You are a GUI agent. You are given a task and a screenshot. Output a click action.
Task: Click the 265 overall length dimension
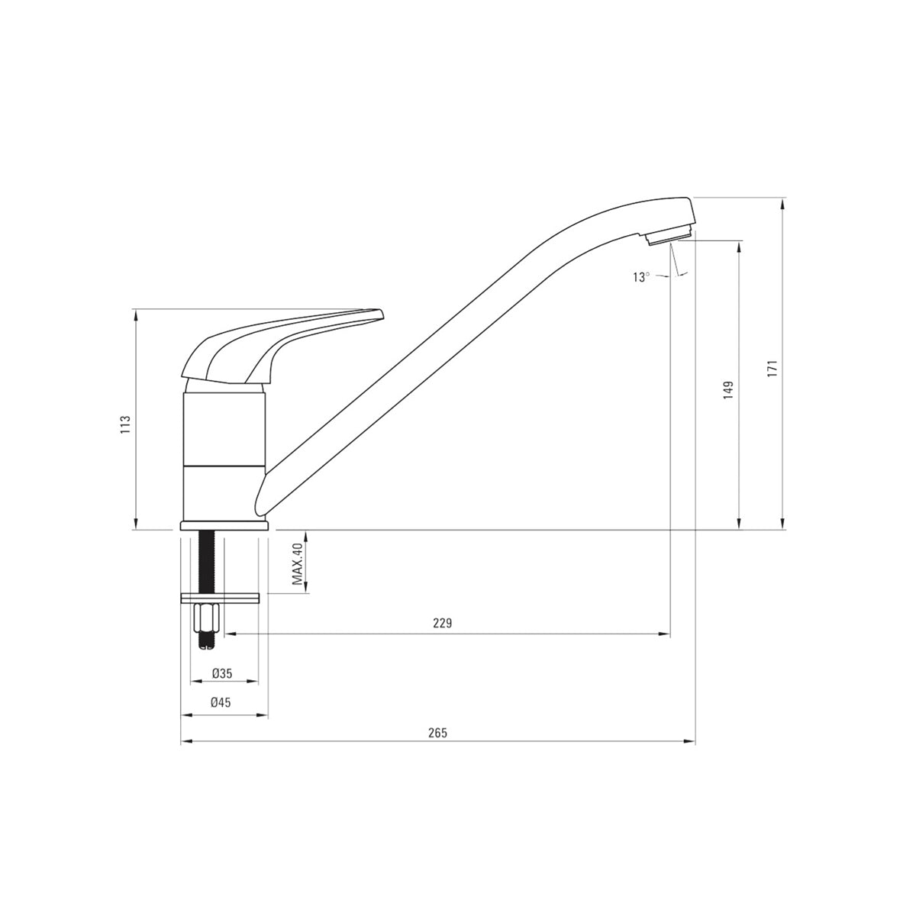[437, 732]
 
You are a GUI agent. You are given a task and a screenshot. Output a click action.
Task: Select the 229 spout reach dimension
[443, 624]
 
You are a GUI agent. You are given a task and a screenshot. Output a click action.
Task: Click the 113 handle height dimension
[124, 424]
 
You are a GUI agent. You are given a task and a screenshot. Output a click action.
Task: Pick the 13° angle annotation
[641, 277]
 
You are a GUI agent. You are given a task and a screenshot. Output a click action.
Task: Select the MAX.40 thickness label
[298, 564]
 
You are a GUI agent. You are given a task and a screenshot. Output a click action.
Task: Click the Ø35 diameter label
[221, 673]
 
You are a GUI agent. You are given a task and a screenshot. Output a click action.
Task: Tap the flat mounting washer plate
[220, 597]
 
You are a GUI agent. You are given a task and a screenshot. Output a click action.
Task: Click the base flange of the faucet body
[224, 525]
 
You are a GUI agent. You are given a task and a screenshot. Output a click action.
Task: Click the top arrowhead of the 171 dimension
[783, 203]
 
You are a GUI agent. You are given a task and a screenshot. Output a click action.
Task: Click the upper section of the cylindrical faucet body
[224, 427]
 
